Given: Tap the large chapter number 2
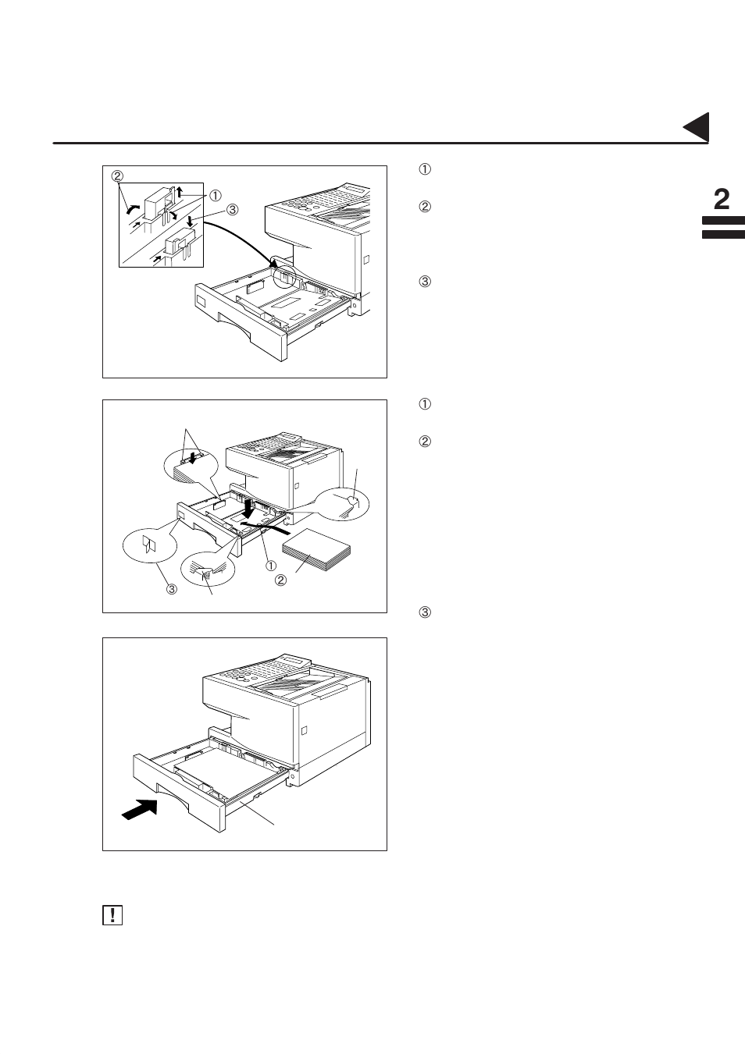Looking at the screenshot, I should [722, 200].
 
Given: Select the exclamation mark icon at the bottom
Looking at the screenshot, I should [112, 915].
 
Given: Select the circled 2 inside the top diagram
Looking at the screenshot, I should [118, 175].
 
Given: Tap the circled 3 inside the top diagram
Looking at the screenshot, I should [232, 209].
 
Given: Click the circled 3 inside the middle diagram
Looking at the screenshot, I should [171, 589].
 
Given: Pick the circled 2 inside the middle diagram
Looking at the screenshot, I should [280, 580].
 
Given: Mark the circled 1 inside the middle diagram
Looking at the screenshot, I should [271, 564].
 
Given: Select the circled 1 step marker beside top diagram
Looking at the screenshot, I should [426, 169].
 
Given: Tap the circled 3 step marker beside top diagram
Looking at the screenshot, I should [426, 282].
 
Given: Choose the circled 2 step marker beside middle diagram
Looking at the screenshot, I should [426, 442].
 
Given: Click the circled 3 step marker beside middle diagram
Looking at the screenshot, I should [426, 612].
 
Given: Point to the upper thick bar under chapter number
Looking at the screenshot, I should [723, 222].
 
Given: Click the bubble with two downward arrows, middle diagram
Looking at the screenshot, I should [187, 468].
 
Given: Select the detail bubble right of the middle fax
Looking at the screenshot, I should [344, 503].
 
